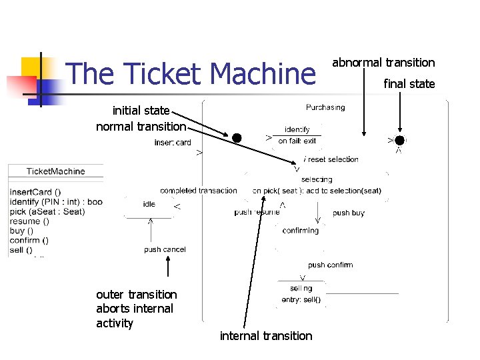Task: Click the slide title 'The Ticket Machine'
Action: pos(191,74)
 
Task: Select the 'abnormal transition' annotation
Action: pos(383,63)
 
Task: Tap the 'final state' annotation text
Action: pos(409,83)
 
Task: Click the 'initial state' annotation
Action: pos(141,111)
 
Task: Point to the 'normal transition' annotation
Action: pos(141,126)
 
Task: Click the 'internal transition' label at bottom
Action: pos(265,336)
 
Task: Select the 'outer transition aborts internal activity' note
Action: pos(136,309)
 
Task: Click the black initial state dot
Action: pos(237,138)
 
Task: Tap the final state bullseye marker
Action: pos(399,140)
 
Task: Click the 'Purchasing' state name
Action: pos(325,107)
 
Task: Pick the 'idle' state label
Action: pos(149,204)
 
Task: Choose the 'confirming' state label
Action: pos(300,231)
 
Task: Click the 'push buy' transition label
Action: pos(349,213)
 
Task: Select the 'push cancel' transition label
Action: pos(165,249)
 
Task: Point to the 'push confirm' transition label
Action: pos(330,265)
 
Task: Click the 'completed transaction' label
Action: pos(198,191)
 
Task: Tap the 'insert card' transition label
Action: pos(173,143)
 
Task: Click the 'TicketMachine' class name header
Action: pos(55,171)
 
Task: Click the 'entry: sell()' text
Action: pos(301,299)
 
